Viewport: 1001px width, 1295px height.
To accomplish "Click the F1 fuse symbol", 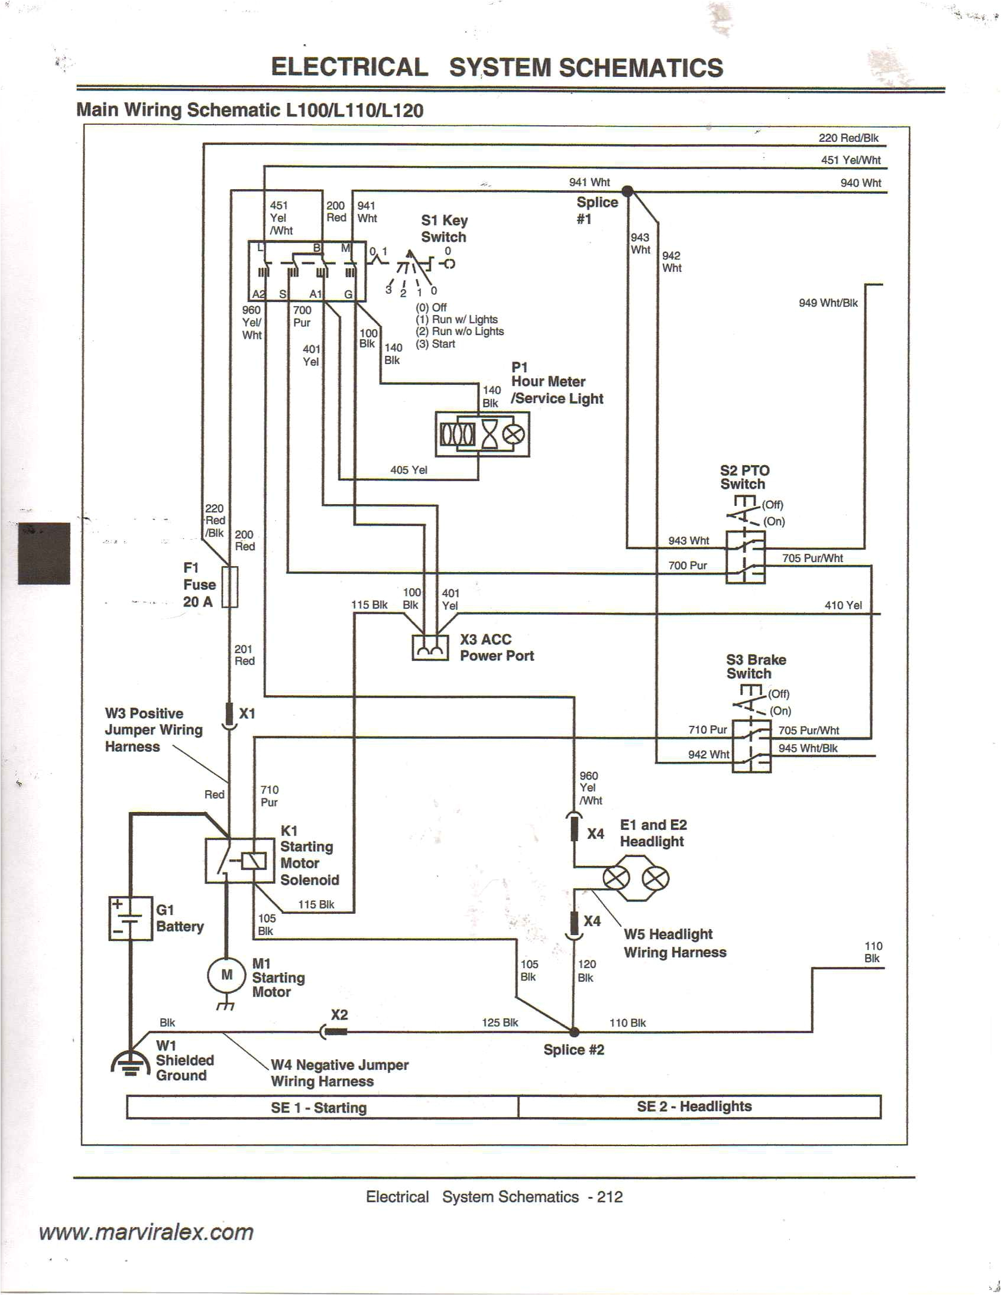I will point(229,586).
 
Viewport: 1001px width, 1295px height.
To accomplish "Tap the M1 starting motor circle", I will point(226,975).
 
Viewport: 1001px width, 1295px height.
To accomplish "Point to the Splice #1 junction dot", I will point(627,191).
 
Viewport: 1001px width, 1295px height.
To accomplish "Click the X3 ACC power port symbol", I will point(430,648).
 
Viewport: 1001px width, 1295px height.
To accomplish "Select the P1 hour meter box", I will point(482,434).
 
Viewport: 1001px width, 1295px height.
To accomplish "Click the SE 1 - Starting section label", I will point(319,1108).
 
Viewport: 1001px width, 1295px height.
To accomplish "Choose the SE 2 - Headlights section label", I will point(694,1106).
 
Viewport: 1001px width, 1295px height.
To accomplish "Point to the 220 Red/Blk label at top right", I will point(848,138).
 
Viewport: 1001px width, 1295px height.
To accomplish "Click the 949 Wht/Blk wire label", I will point(828,303).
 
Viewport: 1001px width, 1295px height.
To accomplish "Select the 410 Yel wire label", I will point(843,605).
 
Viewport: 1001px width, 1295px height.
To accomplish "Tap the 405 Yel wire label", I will point(409,470).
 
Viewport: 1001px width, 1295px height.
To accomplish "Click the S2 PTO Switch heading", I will point(744,478).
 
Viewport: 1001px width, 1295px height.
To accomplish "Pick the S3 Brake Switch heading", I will point(756,667).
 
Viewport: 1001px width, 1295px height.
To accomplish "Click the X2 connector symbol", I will point(333,1033).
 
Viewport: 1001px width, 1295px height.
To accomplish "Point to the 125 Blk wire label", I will point(499,1023).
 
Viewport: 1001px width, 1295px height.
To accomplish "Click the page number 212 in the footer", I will point(610,1196).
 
